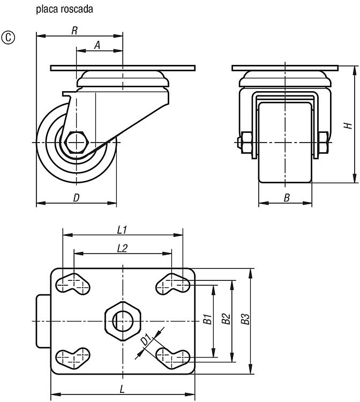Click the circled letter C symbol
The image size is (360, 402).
[9, 38]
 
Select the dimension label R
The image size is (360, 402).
[74, 31]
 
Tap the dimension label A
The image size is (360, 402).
[97, 46]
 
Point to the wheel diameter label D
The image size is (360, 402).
[77, 198]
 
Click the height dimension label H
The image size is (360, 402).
[348, 125]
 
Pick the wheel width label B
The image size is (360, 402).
[287, 198]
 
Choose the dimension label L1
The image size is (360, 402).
[122, 230]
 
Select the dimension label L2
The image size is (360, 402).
[122, 248]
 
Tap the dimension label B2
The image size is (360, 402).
[226, 319]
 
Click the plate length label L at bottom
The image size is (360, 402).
[122, 390]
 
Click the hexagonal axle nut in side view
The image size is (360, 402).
[77, 142]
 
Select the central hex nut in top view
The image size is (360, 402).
[123, 321]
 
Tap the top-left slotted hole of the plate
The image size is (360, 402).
[73, 284]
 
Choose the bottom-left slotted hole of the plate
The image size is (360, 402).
[73, 359]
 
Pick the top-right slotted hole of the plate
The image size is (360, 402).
[173, 284]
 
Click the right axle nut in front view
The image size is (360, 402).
[324, 143]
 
